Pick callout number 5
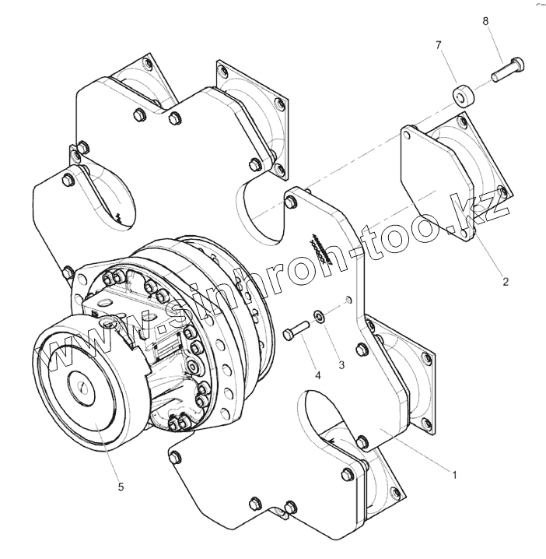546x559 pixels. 121,487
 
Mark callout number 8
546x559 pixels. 485,22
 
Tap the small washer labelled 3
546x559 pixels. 319,316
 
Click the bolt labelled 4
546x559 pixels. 296,331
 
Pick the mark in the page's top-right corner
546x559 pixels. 537,5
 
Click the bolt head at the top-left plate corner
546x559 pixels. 140,116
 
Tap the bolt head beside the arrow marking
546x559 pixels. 290,203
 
